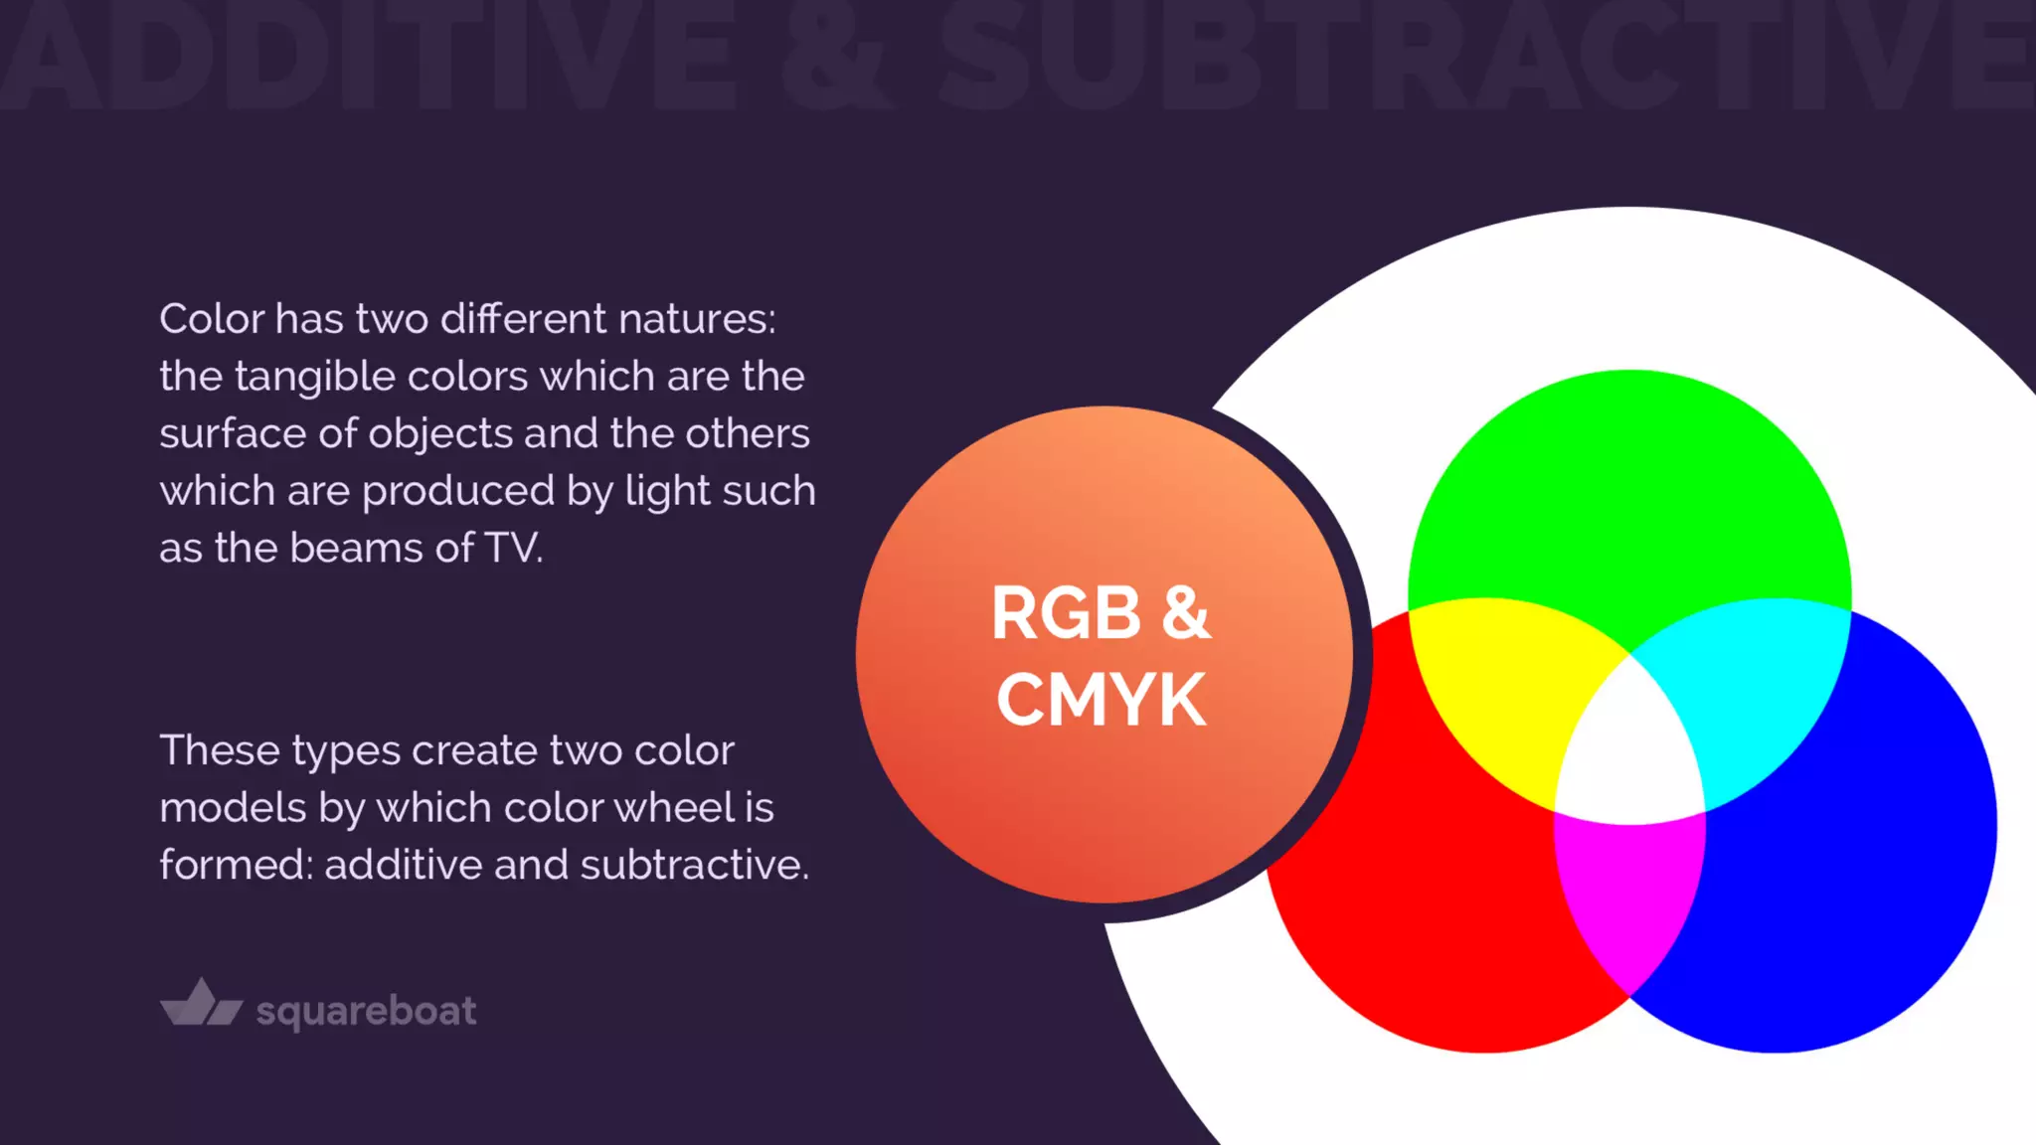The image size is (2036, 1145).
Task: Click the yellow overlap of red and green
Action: [1491, 686]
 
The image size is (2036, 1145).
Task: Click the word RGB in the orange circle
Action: [1066, 613]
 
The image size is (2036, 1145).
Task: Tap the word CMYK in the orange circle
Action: [1102, 700]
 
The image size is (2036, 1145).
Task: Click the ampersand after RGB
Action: [1185, 613]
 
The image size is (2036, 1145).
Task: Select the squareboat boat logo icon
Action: [202, 1003]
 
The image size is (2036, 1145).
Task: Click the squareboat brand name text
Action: [366, 1011]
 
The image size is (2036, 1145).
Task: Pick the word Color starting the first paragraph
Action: [212, 319]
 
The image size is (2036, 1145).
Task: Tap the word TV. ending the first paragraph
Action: [514, 548]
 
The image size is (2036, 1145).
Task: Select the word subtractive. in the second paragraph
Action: [695, 865]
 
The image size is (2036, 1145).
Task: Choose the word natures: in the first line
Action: [697, 319]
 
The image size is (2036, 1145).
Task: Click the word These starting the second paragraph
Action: [219, 750]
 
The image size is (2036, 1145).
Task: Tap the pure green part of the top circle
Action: [1630, 477]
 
